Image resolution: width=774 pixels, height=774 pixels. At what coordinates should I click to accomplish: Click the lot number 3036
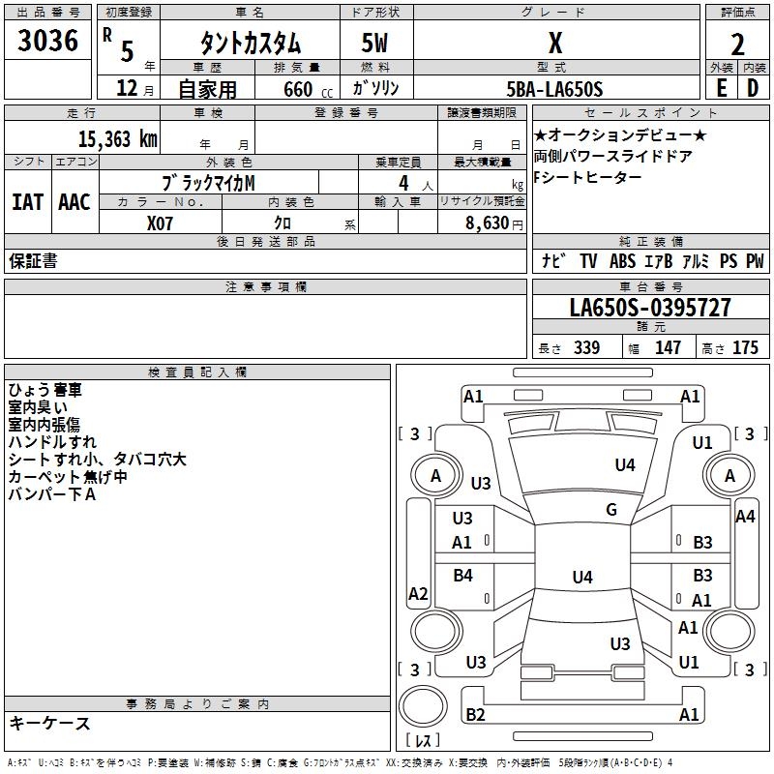click(x=48, y=41)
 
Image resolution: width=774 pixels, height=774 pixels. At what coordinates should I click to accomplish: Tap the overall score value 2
click(x=737, y=45)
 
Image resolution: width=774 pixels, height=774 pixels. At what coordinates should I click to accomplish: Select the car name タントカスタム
click(x=250, y=44)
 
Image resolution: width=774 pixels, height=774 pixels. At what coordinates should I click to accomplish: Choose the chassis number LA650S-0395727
click(x=650, y=308)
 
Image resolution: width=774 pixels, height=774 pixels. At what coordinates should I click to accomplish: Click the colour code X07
click(x=162, y=222)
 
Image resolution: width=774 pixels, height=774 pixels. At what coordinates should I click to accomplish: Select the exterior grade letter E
click(x=721, y=89)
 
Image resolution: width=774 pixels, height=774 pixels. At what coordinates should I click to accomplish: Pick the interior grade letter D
click(x=752, y=89)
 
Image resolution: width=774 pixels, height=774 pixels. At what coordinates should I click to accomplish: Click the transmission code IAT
click(x=27, y=201)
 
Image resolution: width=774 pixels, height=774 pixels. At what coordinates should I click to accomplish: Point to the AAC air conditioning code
click(x=74, y=201)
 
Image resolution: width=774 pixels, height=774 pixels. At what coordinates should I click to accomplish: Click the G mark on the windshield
click(x=611, y=510)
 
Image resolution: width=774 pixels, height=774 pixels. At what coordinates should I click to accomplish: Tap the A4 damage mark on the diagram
click(x=745, y=517)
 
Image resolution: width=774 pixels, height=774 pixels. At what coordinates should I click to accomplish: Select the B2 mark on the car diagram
click(x=475, y=715)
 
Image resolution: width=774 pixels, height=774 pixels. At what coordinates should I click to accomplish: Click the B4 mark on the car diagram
click(x=463, y=576)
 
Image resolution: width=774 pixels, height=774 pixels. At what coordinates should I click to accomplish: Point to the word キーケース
click(x=49, y=723)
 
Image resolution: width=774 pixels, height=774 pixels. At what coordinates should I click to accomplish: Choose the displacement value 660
click(x=297, y=89)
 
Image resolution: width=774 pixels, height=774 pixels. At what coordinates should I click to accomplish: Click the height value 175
click(x=745, y=347)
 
